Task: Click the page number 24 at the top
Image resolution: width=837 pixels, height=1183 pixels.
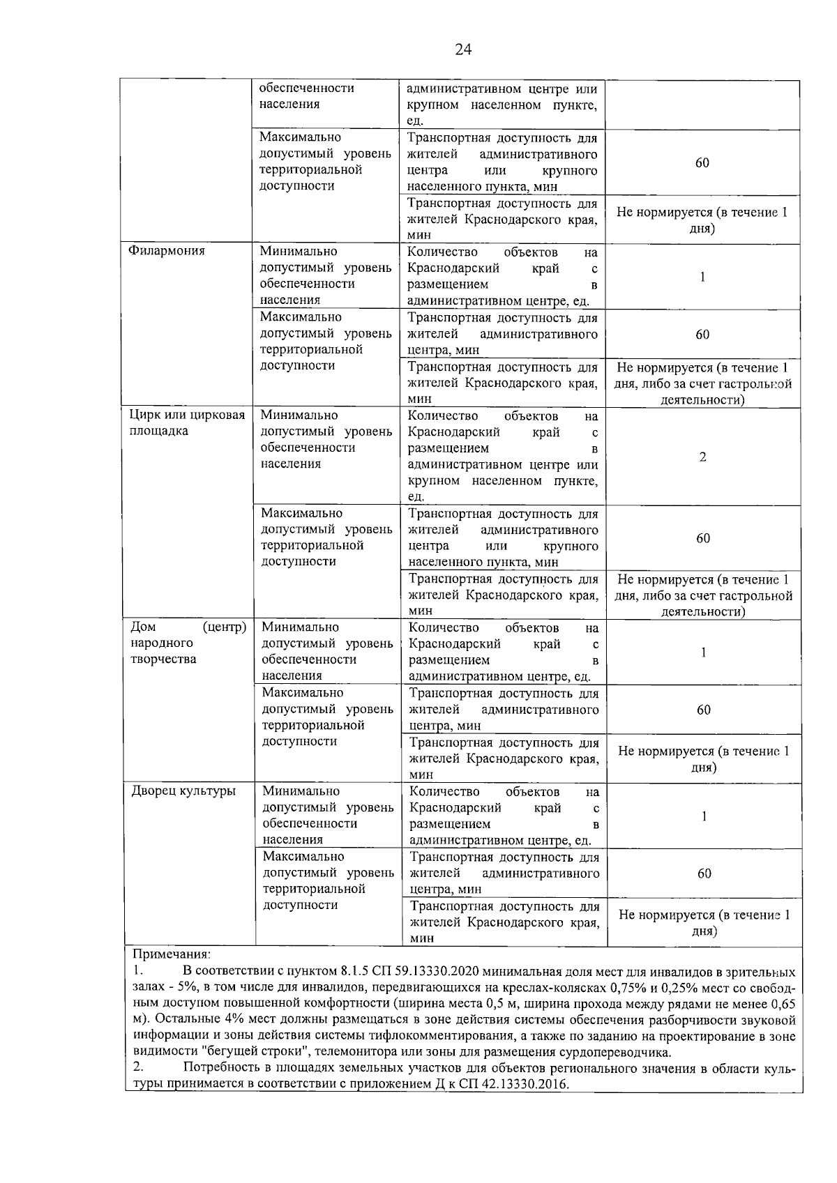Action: coord(462,49)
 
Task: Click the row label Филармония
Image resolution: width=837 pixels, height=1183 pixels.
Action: coord(167,251)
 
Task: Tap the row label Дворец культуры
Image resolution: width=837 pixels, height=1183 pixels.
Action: coord(183,791)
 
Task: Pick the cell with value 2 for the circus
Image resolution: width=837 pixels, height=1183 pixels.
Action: coord(703,457)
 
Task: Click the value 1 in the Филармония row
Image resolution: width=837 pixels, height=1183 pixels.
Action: coord(703,277)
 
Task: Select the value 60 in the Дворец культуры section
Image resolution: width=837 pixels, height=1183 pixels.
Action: coord(704,873)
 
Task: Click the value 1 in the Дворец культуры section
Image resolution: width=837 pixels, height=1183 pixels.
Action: coord(704,816)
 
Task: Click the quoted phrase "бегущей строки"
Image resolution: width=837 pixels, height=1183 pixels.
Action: coord(241,1053)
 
